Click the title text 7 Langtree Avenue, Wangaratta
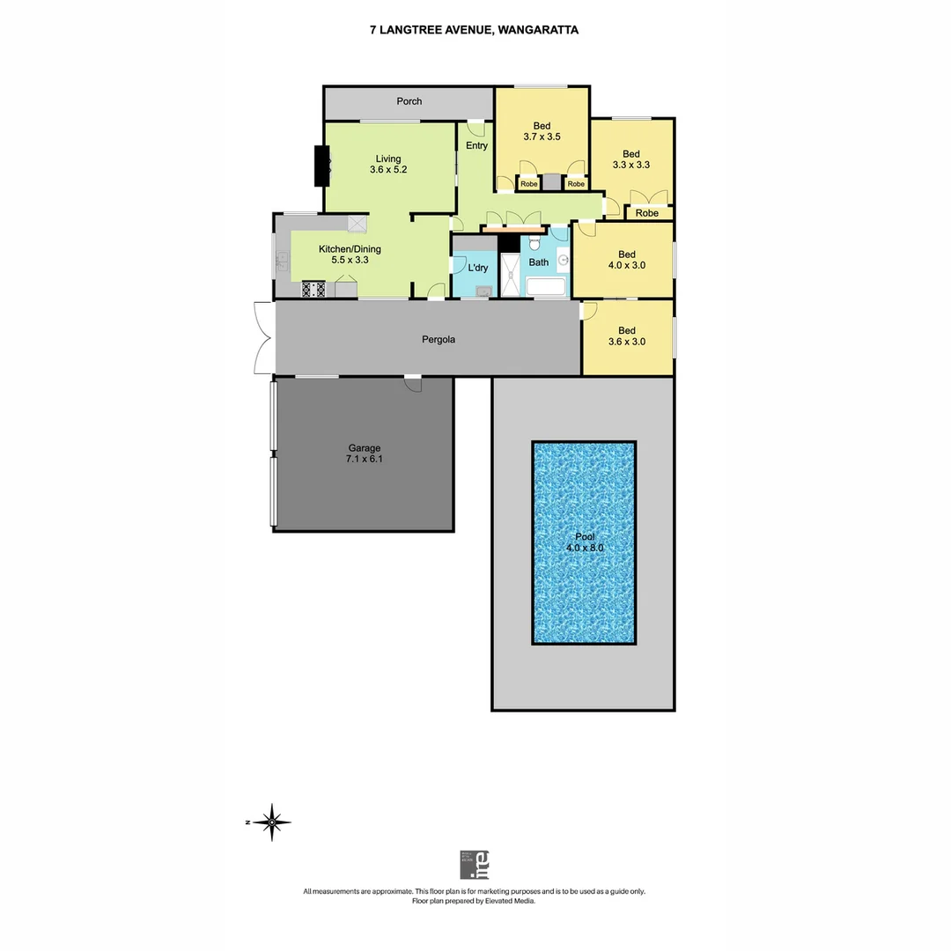point(474,29)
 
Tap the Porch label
point(409,101)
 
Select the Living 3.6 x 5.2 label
point(387,165)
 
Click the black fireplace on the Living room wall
point(321,165)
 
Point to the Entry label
point(476,145)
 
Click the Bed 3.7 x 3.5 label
point(542,131)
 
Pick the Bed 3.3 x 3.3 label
point(630,159)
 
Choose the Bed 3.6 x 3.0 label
point(626,336)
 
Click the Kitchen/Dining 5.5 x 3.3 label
point(349,254)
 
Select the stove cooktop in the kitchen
point(313,288)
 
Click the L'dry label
point(477,268)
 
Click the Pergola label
point(438,339)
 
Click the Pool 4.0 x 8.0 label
point(584,542)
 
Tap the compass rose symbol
point(273,822)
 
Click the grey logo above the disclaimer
point(474,865)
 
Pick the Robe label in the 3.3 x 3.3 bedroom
point(647,213)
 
